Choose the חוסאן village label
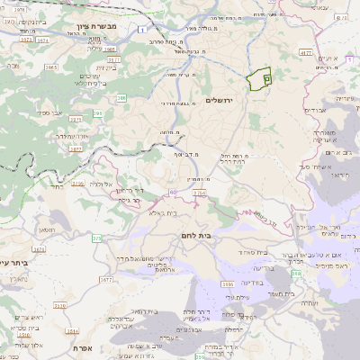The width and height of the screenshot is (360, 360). pyautogui.click(x=47, y=229)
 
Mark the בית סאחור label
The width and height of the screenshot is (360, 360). pyautogui.click(x=255, y=253)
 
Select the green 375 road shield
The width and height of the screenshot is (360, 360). pyautogui.click(x=96, y=238)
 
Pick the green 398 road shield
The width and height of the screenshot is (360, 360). pyautogui.click(x=297, y=285)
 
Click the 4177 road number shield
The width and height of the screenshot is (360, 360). pyautogui.click(x=306, y=54)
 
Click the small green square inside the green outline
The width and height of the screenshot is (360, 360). pyautogui.click(x=267, y=79)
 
